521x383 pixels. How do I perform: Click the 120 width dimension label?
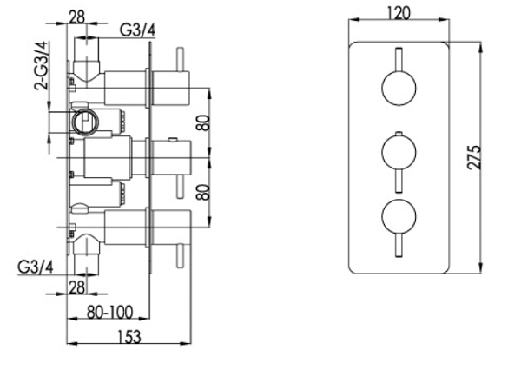[400, 11]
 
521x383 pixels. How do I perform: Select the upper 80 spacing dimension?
[201, 121]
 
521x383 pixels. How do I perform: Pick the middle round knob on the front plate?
[398, 156]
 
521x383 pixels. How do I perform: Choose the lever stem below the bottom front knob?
[398, 247]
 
